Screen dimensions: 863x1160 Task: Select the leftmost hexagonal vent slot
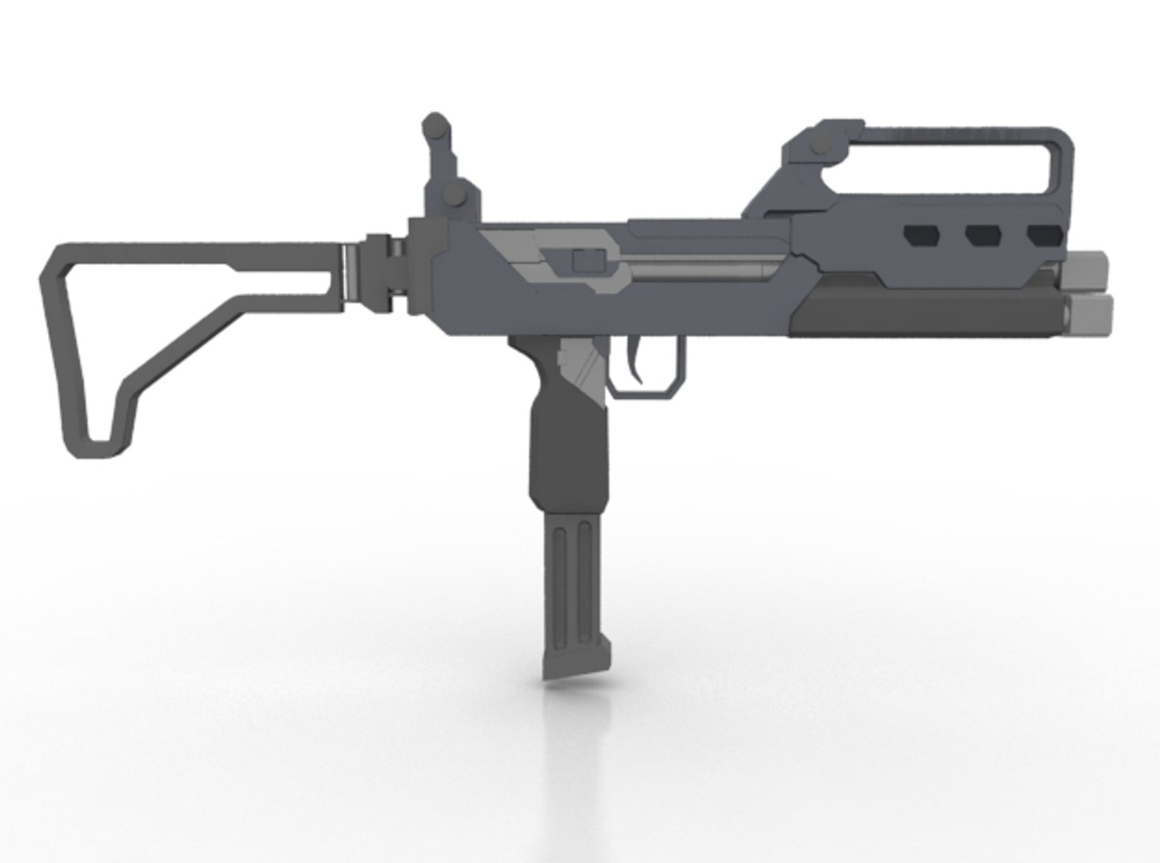pyautogui.click(x=921, y=235)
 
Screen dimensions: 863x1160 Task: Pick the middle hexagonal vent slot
pyautogui.click(x=983, y=235)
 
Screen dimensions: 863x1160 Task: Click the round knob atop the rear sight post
pyautogui.click(x=436, y=125)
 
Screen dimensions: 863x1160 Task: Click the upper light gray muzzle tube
pyautogui.click(x=1088, y=270)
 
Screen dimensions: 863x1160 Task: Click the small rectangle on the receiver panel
pyautogui.click(x=586, y=261)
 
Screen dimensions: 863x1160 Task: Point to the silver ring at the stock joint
pyautogui.click(x=347, y=273)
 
